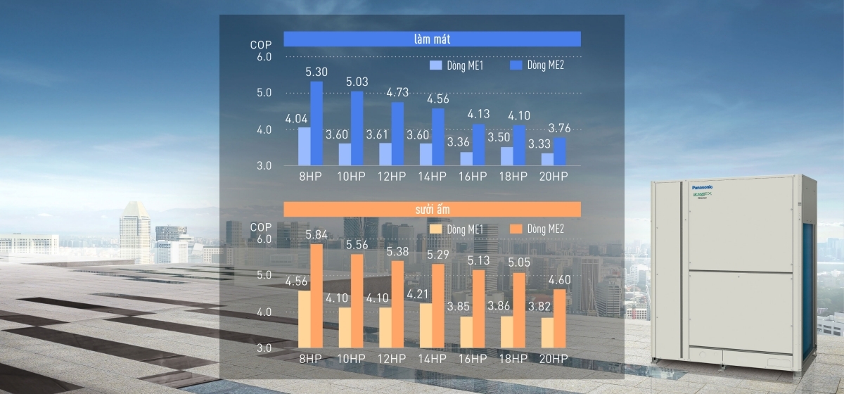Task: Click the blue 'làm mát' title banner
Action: [x=432, y=39]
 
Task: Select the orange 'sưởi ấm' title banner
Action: [x=432, y=209]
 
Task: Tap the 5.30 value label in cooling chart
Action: [x=316, y=72]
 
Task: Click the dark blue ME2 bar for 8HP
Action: [x=316, y=124]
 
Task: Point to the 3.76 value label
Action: [x=559, y=128]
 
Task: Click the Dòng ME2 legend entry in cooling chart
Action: [x=537, y=65]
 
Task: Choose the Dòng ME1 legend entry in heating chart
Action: [x=456, y=229]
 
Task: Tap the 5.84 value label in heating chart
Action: [x=316, y=234]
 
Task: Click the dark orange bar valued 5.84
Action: [x=316, y=295]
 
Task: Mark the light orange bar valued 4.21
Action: [x=426, y=325]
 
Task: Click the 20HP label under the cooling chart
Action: [x=554, y=176]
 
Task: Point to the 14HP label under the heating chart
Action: [x=432, y=358]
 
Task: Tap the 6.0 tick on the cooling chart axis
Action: [x=264, y=56]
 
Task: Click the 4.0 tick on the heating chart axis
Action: [x=264, y=312]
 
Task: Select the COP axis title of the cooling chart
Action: [x=261, y=45]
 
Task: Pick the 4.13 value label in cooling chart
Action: [x=478, y=114]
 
